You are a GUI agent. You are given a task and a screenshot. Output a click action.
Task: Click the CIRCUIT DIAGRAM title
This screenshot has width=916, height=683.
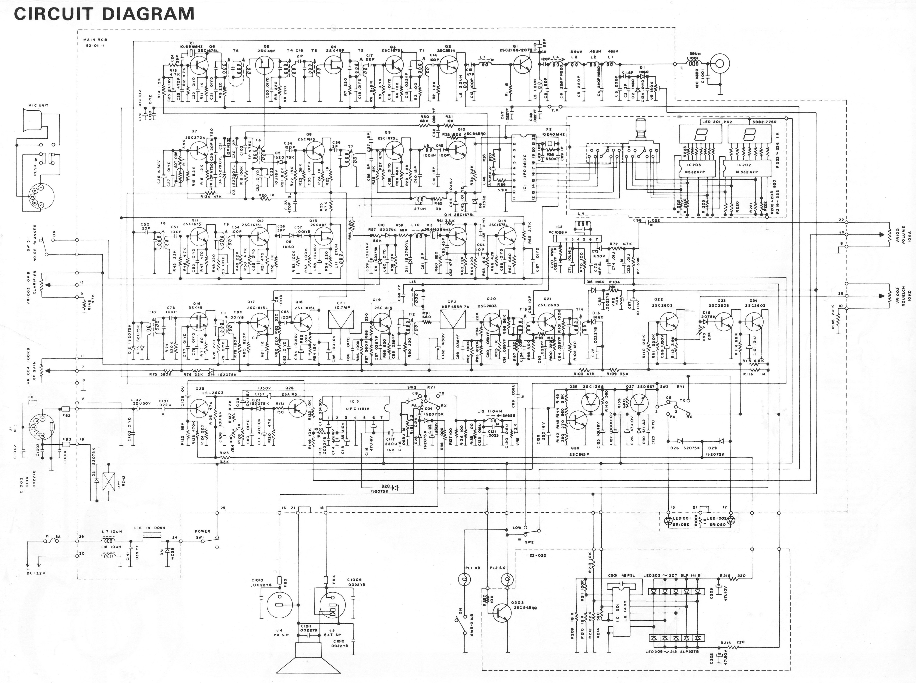tap(104, 14)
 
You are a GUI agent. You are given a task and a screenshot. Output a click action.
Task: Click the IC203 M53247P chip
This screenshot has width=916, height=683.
tap(693, 167)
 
